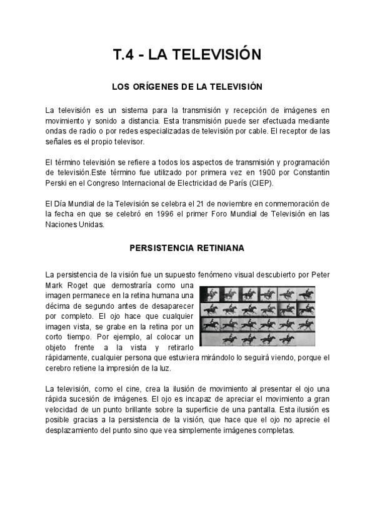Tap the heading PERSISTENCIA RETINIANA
pyautogui.click(x=187, y=248)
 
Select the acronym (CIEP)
pyautogui.click(x=260, y=182)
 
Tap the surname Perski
pyautogui.click(x=57, y=182)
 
